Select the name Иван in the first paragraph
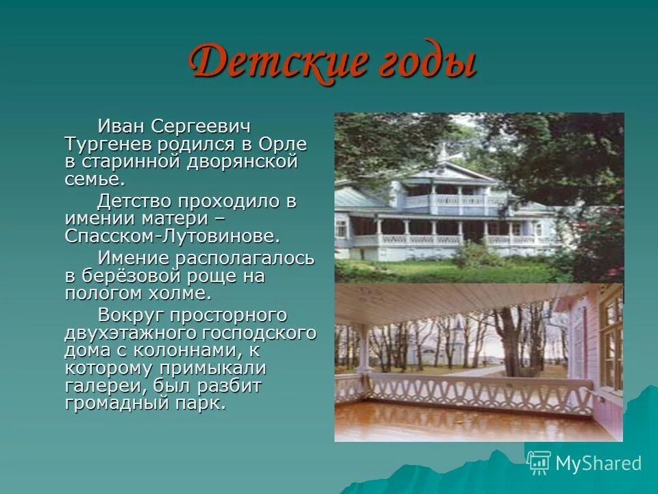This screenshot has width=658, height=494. (x=121, y=126)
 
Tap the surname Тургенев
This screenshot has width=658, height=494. (x=108, y=145)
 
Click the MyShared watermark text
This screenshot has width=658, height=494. (x=598, y=463)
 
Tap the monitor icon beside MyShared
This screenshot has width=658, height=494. (x=539, y=462)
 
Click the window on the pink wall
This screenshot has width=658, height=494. (x=611, y=343)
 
